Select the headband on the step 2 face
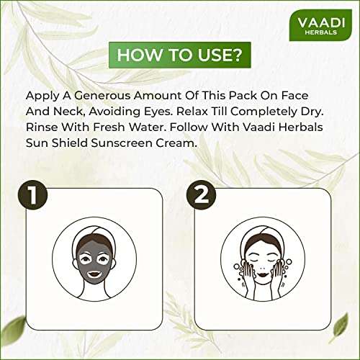(267, 232)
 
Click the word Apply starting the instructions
(42, 96)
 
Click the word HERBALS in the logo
(318, 33)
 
